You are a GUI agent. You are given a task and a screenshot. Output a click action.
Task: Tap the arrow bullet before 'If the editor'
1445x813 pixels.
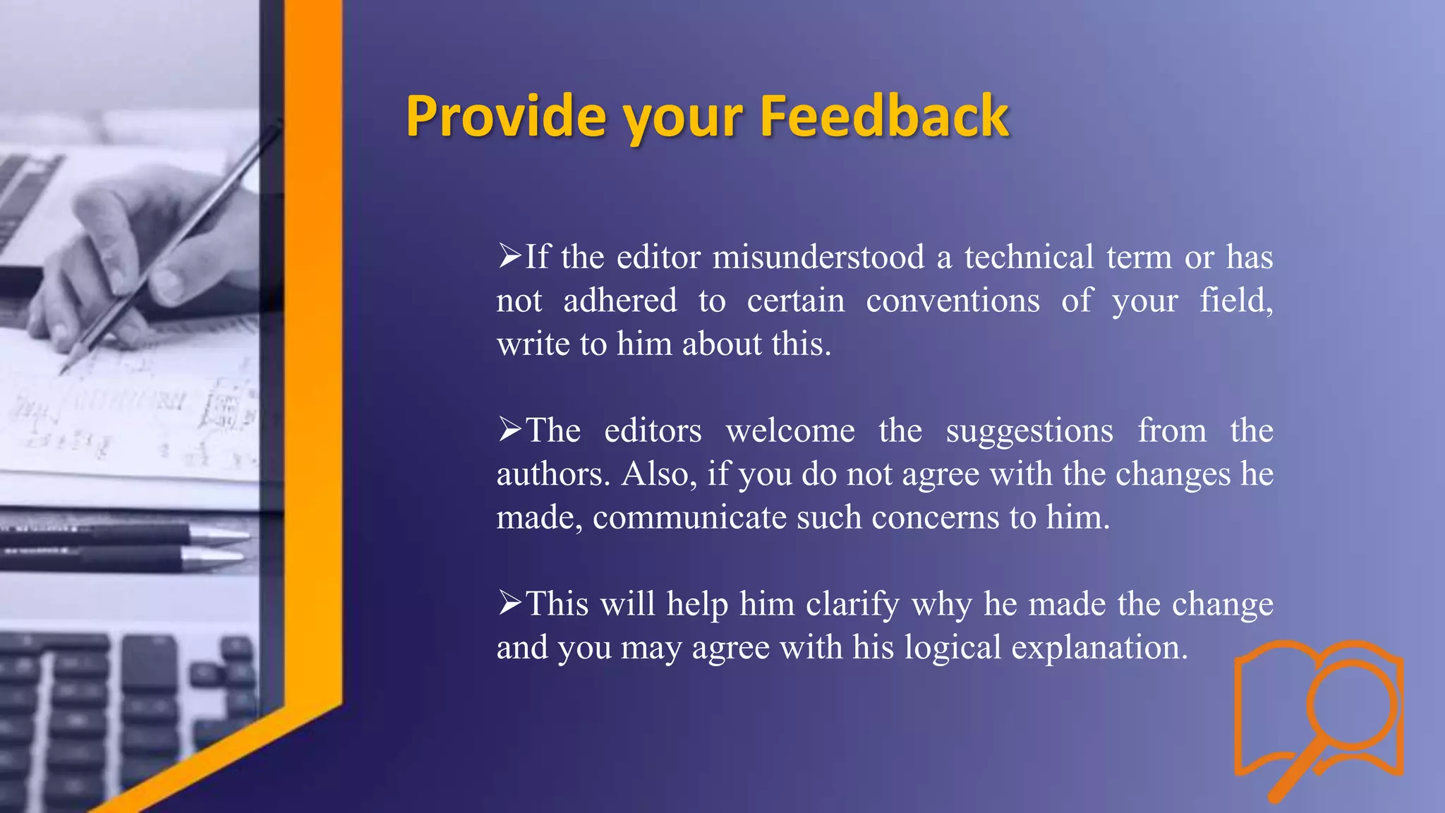(509, 255)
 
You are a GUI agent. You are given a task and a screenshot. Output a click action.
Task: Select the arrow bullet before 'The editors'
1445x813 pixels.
(509, 429)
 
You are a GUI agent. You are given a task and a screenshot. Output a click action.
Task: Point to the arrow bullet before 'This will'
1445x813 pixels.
(509, 603)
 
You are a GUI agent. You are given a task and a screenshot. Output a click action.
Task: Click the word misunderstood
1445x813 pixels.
(818, 257)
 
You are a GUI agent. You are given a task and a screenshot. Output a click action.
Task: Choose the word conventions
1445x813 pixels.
(953, 301)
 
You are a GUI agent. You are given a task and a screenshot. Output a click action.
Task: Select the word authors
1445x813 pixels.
(552, 474)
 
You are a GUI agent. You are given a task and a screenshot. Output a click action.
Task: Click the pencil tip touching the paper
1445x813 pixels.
(66, 368)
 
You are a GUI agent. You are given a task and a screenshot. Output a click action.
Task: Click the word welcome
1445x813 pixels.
(790, 430)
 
